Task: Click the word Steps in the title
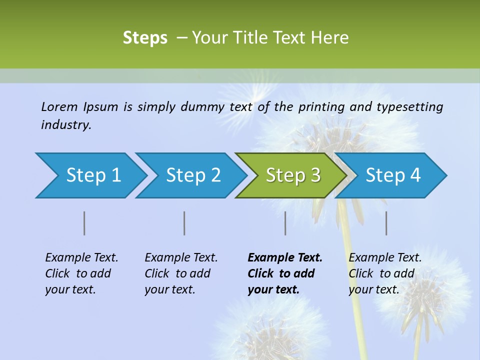[145, 38]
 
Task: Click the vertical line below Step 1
[84, 223]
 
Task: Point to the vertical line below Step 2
[184, 223]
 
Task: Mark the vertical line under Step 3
[285, 223]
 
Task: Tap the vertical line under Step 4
[386, 223]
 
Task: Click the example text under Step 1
[81, 273]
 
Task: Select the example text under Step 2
[180, 273]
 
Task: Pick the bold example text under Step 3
[284, 273]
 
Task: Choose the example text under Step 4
[384, 273]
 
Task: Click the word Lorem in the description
[59, 106]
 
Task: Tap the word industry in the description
[65, 125]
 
